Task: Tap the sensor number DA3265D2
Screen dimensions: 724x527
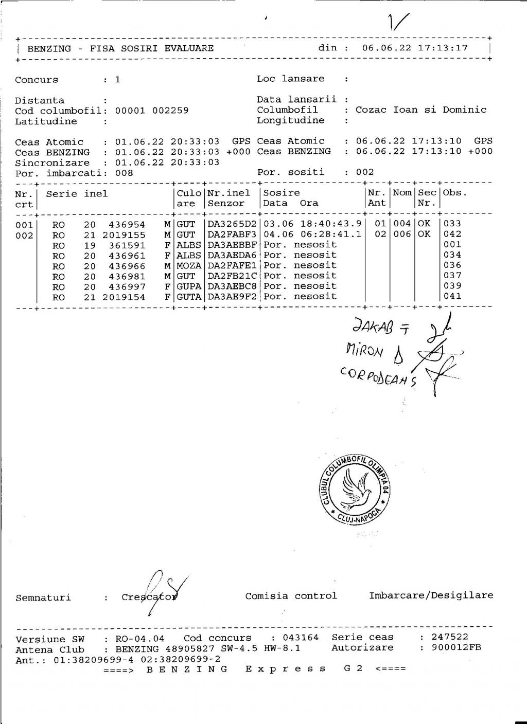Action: tap(232, 224)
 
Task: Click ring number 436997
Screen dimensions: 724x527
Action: tap(127, 287)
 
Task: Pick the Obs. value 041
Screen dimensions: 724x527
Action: tap(452, 296)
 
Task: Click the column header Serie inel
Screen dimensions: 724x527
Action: tap(77, 194)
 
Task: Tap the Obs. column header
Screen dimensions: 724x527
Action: tap(454, 193)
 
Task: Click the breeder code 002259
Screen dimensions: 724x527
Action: tap(170, 111)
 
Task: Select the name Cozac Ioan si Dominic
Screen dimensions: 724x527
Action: tap(420, 110)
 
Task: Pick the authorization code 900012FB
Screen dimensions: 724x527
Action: tap(456, 647)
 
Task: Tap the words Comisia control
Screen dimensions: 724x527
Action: tap(291, 596)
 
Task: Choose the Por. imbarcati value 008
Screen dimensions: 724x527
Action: tap(124, 173)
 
